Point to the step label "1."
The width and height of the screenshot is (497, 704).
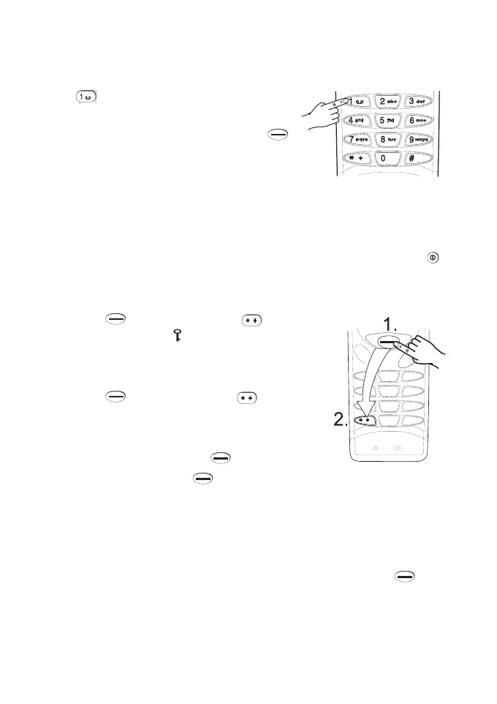coord(395,323)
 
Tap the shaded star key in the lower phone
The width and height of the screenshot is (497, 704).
coord(366,421)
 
